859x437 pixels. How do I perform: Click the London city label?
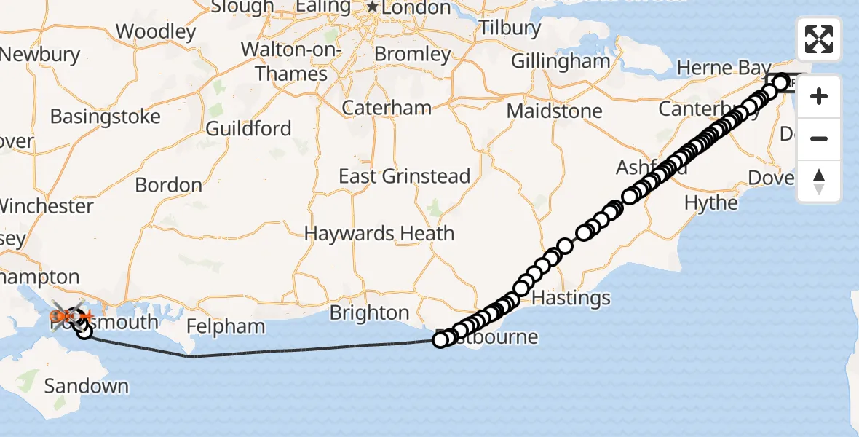(x=417, y=8)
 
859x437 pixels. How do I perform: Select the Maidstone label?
(x=555, y=111)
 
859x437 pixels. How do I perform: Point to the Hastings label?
(x=571, y=298)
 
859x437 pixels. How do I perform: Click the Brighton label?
(x=369, y=313)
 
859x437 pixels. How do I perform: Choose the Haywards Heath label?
(x=379, y=234)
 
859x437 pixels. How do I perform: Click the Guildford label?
(x=248, y=129)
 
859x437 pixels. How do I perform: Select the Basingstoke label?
(x=105, y=117)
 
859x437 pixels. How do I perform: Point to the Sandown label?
(x=86, y=386)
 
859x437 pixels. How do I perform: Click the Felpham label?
(x=226, y=326)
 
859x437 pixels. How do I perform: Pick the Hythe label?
(x=711, y=202)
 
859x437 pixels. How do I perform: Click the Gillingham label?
(x=561, y=61)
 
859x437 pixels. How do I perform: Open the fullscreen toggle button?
(x=819, y=39)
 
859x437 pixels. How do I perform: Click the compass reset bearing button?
(x=819, y=181)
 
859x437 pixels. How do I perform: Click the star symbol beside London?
(x=373, y=7)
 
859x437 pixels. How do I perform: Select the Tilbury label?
(x=510, y=28)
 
